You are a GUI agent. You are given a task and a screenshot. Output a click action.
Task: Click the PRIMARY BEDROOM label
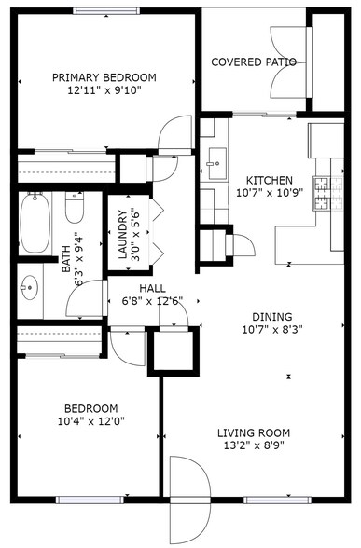coord(104,77)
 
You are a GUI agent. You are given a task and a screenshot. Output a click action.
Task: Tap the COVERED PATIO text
coord(253,62)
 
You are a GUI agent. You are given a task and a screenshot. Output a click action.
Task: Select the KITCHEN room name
coord(269,180)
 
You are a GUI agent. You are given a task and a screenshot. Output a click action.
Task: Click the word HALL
coord(152,288)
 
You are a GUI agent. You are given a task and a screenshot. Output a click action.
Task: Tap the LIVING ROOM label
coord(253,432)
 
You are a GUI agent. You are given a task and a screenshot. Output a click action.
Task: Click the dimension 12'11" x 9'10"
coord(104,91)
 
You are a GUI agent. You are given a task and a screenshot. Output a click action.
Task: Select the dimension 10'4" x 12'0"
coord(90,422)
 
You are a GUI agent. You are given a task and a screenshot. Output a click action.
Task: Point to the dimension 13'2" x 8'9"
coord(253,446)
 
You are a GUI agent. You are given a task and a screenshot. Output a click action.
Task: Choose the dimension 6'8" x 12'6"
coord(152,301)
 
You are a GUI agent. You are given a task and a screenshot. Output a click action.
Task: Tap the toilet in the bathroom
coord(74,207)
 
